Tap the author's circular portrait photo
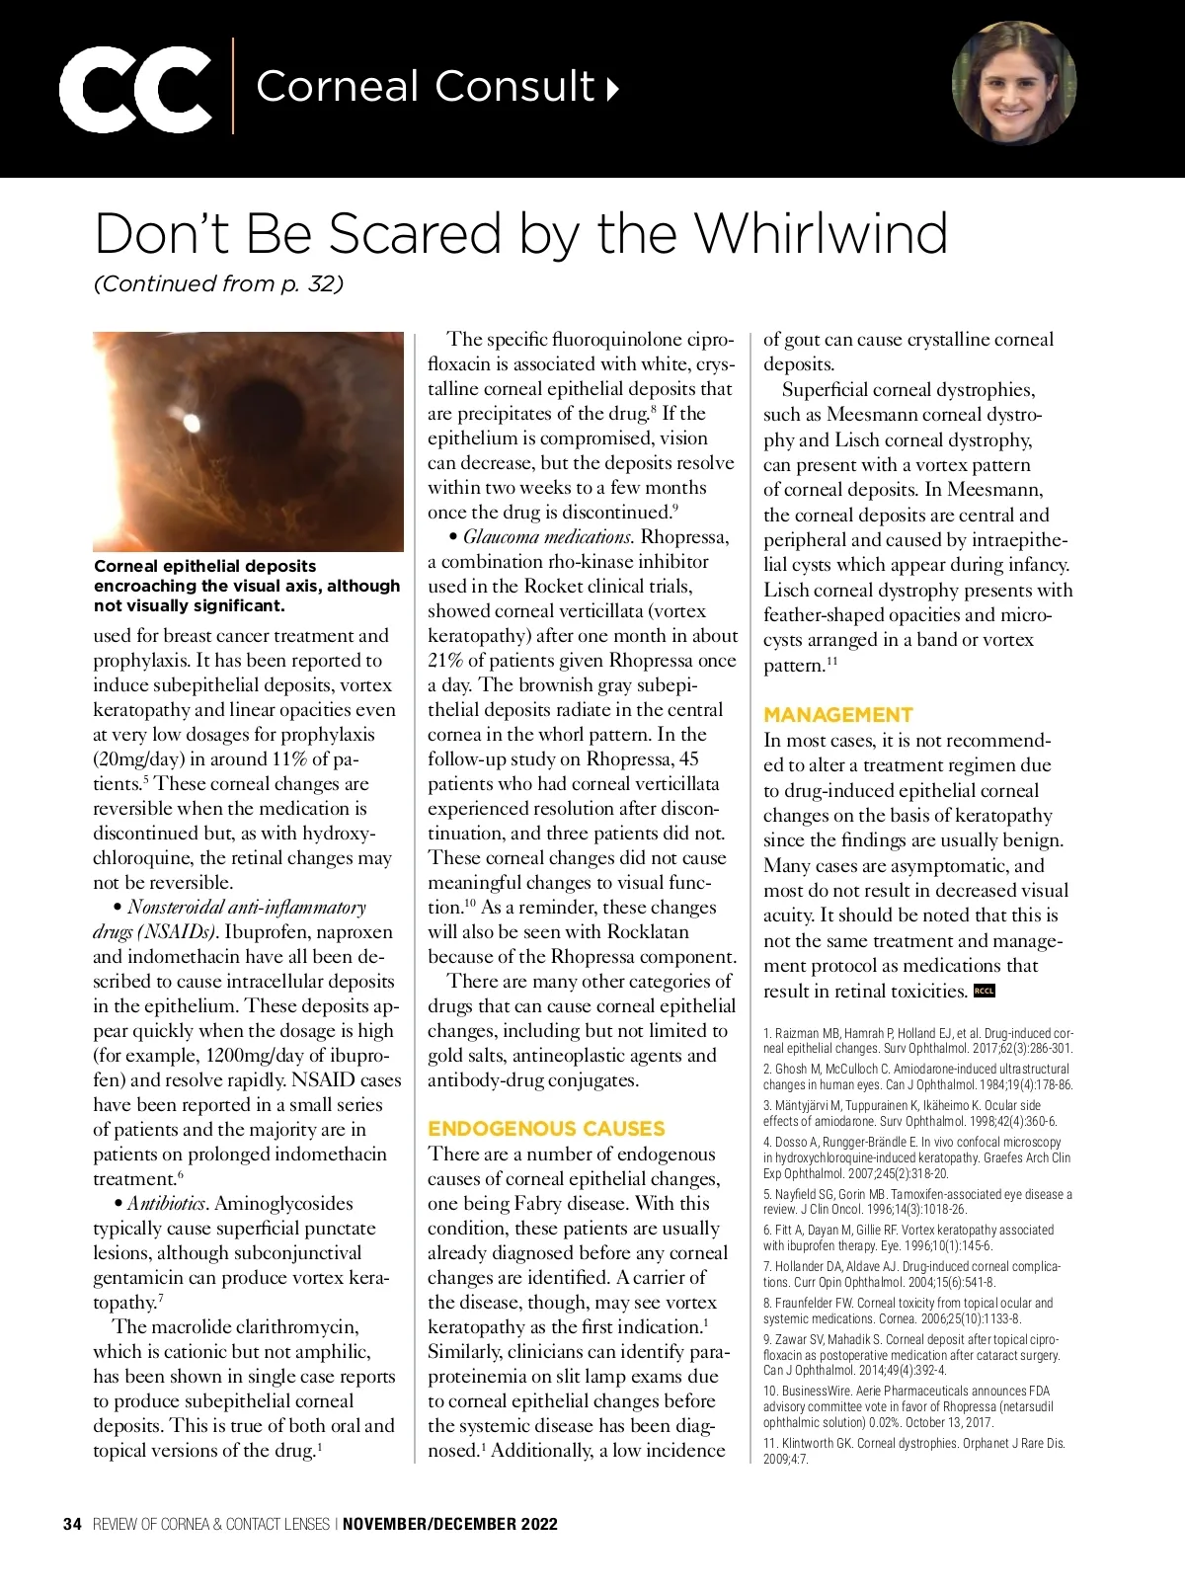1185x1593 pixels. click(1014, 85)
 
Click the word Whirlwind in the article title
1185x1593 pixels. click(821, 234)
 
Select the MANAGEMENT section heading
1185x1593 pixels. click(838, 714)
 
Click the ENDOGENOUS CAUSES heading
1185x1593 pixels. click(546, 1128)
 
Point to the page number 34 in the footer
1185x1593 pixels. click(72, 1524)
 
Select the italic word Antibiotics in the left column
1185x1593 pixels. click(166, 1203)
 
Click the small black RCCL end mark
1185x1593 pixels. click(985, 991)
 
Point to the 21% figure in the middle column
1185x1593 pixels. click(444, 661)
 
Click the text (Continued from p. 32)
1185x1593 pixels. click(218, 284)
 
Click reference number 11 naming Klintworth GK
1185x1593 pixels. click(913, 1450)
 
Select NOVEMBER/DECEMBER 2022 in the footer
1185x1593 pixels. click(450, 1524)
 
